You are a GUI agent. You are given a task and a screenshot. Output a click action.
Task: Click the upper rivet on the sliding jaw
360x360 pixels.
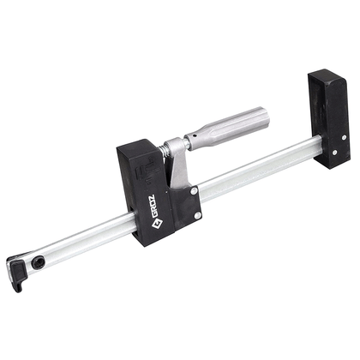pyautogui.click(x=194, y=190)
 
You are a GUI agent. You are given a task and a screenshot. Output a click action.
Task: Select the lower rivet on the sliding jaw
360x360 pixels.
pyautogui.click(x=197, y=215)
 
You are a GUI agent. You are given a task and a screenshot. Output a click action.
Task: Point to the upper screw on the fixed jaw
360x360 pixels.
pyautogui.click(x=344, y=137)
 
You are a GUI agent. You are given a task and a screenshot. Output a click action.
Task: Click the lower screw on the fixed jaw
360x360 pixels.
pyautogui.click(x=335, y=153)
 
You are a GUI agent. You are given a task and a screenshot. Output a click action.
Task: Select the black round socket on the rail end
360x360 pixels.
pyautogui.click(x=37, y=261)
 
